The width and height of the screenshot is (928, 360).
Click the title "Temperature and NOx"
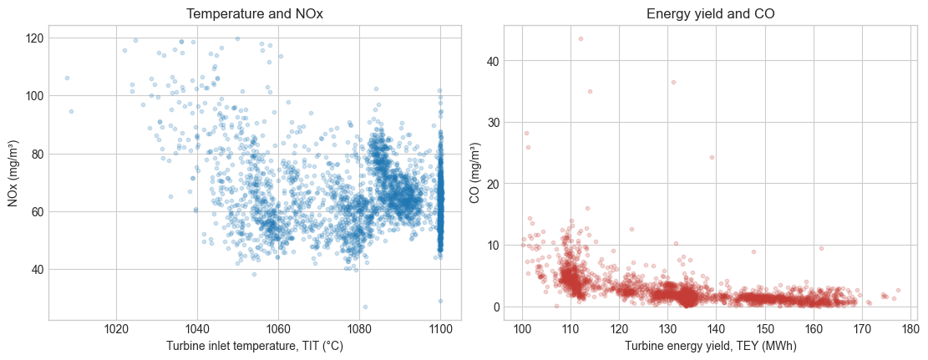[x=255, y=14]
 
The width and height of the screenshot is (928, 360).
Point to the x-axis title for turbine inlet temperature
[x=255, y=346]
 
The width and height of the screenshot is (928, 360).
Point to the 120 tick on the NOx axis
[x=34, y=38]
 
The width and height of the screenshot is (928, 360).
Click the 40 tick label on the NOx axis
[x=37, y=270]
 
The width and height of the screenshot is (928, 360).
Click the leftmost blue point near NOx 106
[x=67, y=79]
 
